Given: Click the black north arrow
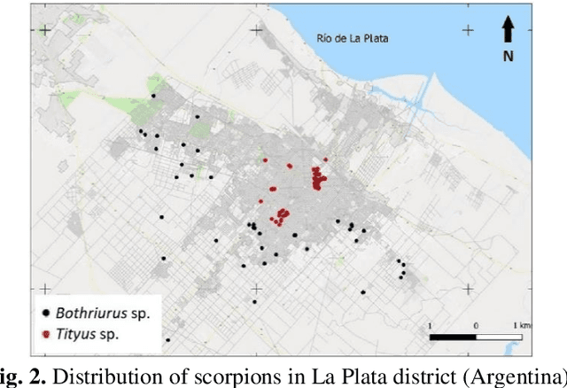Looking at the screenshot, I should pyautogui.click(x=509, y=30).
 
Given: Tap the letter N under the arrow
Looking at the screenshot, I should pyautogui.click(x=509, y=55).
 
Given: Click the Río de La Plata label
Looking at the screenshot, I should pyautogui.click(x=353, y=38).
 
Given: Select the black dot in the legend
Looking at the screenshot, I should pyautogui.click(x=45, y=313).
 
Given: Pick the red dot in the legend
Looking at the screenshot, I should pyautogui.click(x=45, y=334).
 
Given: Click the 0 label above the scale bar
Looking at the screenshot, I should pyautogui.click(x=476, y=326).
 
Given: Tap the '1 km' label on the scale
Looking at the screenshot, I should pyautogui.click(x=522, y=326).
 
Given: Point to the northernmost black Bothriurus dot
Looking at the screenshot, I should pyautogui.click(x=152, y=96).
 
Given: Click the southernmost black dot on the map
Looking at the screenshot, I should pyautogui.click(x=167, y=339).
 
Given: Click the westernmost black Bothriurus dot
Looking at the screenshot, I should pyautogui.click(x=140, y=132).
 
